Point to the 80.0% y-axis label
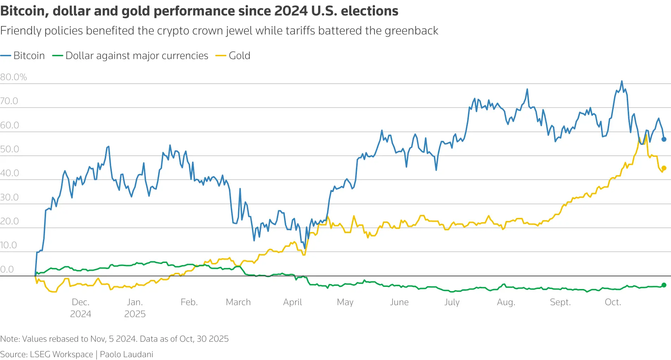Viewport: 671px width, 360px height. [x=14, y=77]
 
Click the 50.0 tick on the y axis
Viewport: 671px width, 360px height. [x=9, y=149]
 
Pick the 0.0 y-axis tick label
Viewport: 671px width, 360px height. [x=7, y=269]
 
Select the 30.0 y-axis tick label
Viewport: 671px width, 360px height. [x=9, y=197]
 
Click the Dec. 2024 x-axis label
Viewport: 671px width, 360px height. [x=81, y=308]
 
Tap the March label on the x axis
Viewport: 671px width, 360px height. [x=238, y=302]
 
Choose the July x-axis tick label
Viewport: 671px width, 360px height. [x=452, y=302]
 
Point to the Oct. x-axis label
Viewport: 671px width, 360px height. [x=613, y=302]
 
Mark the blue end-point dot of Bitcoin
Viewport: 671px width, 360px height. [x=664, y=139]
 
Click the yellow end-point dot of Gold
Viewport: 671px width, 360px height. [x=664, y=168]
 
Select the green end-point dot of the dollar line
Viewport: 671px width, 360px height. [x=664, y=285]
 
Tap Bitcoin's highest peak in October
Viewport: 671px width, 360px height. [x=622, y=81]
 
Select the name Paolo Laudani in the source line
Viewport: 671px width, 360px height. [x=126, y=354]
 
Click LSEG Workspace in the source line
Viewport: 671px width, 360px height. [x=61, y=354]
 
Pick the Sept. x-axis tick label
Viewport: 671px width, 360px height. [x=560, y=302]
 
